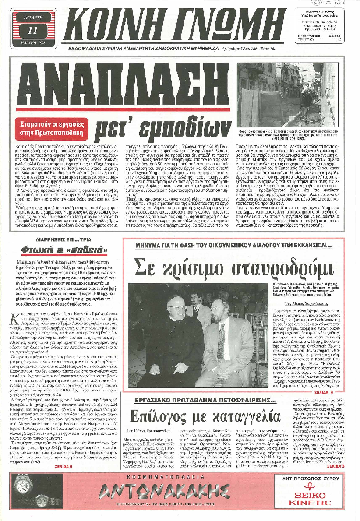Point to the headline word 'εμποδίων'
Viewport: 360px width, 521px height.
coord(162,127)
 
